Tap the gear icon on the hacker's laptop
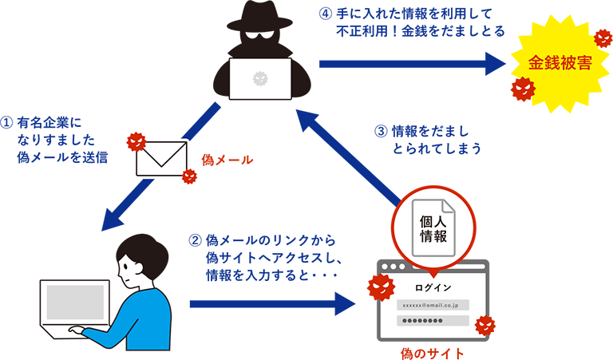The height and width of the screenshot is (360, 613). coord(259,78)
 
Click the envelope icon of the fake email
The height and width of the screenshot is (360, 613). coord(160,159)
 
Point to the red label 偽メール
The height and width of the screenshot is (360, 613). coord(227,160)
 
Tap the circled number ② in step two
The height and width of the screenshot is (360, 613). coord(195,241)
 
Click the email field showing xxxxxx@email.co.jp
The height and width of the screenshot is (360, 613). coord(432,305)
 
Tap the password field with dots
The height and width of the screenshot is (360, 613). coord(432,321)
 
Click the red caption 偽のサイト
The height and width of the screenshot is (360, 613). coord(432,351)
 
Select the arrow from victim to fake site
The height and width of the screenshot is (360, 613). coord(271,303)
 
